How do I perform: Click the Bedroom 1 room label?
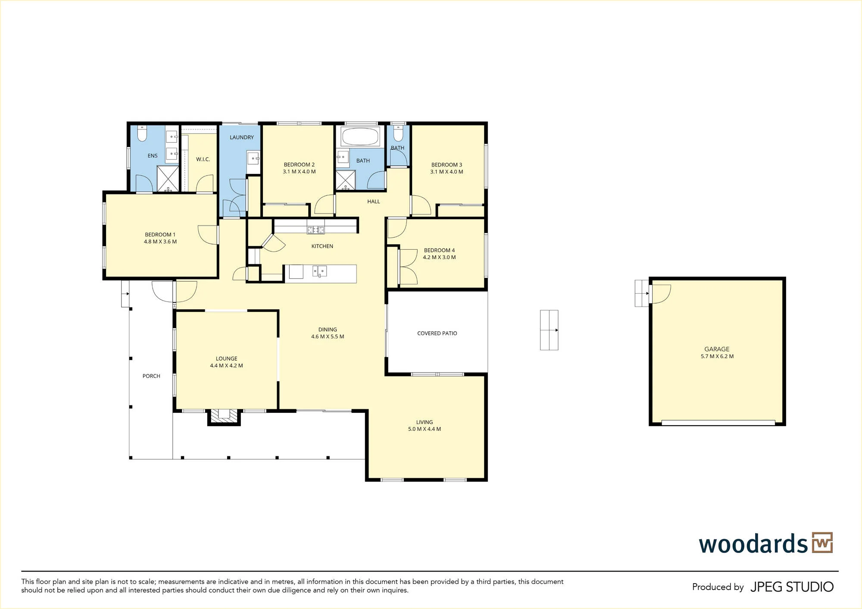[160, 235]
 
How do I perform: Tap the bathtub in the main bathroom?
[360, 137]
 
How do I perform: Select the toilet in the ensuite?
[142, 133]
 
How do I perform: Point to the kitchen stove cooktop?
[316, 230]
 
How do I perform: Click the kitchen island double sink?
[319, 271]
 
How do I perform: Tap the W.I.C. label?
[203, 159]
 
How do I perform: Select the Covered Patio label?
[437, 333]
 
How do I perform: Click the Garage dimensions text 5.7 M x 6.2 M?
[717, 356]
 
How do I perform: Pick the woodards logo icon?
[822, 543]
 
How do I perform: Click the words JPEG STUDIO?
[792, 587]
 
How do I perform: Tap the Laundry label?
[242, 137]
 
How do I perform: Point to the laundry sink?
[253, 158]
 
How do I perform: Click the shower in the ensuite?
[168, 179]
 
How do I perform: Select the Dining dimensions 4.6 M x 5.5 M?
[328, 336]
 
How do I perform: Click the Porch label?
[151, 376]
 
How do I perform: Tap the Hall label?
[374, 201]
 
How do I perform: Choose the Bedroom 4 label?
[439, 250]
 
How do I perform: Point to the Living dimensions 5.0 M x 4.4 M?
[425, 429]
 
